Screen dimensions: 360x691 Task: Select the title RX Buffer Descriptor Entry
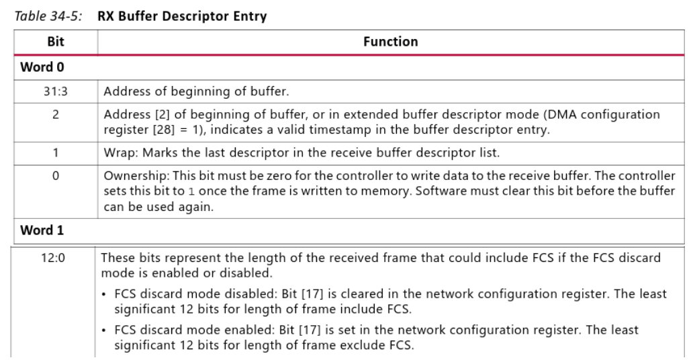[x=182, y=17]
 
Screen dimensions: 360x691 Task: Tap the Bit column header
[x=56, y=42]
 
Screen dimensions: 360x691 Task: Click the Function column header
[x=390, y=42]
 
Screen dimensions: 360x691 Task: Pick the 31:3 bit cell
[x=56, y=91]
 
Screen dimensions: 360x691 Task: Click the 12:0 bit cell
[x=56, y=257]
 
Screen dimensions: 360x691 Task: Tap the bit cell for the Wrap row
[x=56, y=152]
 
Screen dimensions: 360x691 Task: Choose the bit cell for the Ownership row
[x=56, y=176]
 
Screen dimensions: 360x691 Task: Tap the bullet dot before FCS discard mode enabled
[x=105, y=330]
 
